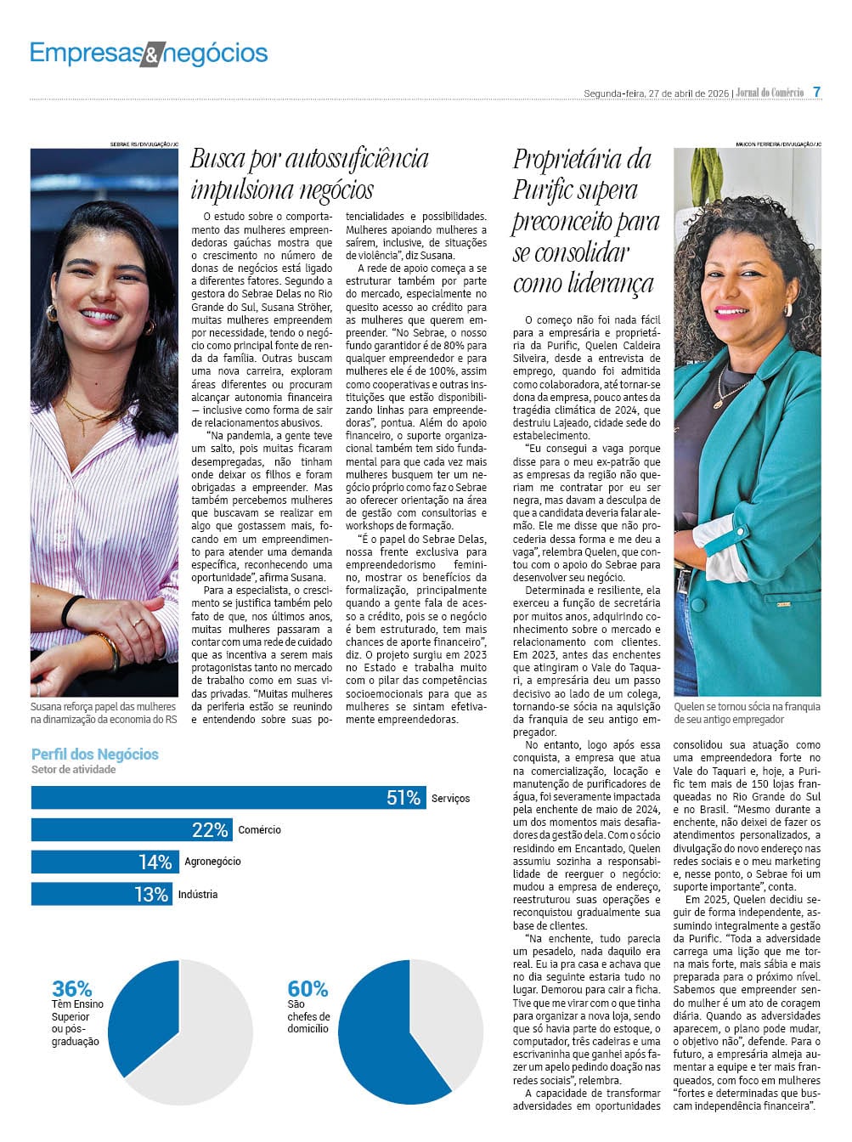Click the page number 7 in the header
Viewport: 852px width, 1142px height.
pyautogui.click(x=816, y=92)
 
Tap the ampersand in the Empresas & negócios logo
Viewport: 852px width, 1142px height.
pyautogui.click(x=150, y=55)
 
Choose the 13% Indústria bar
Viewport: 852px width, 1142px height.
pyautogui.click(x=101, y=894)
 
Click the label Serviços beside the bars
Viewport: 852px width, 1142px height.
pyautogui.click(x=450, y=799)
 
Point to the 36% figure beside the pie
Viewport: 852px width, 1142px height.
pyautogui.click(x=71, y=989)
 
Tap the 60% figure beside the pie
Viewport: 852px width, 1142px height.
pyautogui.click(x=307, y=989)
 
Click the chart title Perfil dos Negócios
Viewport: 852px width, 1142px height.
pyautogui.click(x=94, y=754)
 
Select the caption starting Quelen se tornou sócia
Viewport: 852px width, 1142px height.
pyautogui.click(x=747, y=713)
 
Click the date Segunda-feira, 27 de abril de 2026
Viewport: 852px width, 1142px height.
pyautogui.click(x=656, y=93)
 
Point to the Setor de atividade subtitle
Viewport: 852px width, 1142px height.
pyautogui.click(x=73, y=770)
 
